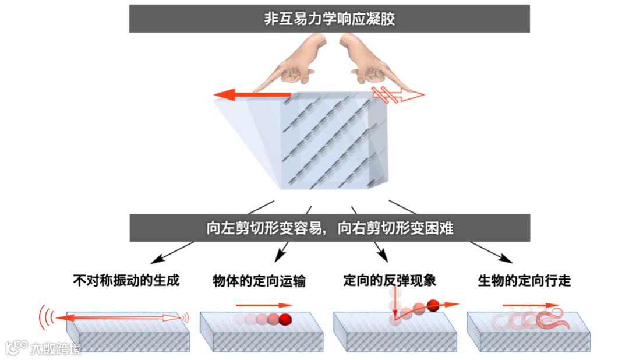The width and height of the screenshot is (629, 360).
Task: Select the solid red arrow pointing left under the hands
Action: click(256, 94)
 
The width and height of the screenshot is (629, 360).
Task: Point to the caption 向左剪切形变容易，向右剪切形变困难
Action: click(330, 228)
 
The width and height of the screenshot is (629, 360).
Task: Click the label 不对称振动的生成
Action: click(126, 281)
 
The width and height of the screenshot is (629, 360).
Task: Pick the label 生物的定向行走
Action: click(524, 281)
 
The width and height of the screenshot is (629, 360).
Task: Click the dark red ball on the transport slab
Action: click(285, 319)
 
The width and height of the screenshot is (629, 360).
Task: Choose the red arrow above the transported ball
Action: click(263, 305)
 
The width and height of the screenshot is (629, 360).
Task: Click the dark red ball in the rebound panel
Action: click(433, 304)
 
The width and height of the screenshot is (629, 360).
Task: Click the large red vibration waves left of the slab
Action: click(46, 317)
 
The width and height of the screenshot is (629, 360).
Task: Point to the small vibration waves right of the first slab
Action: click(186, 317)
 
